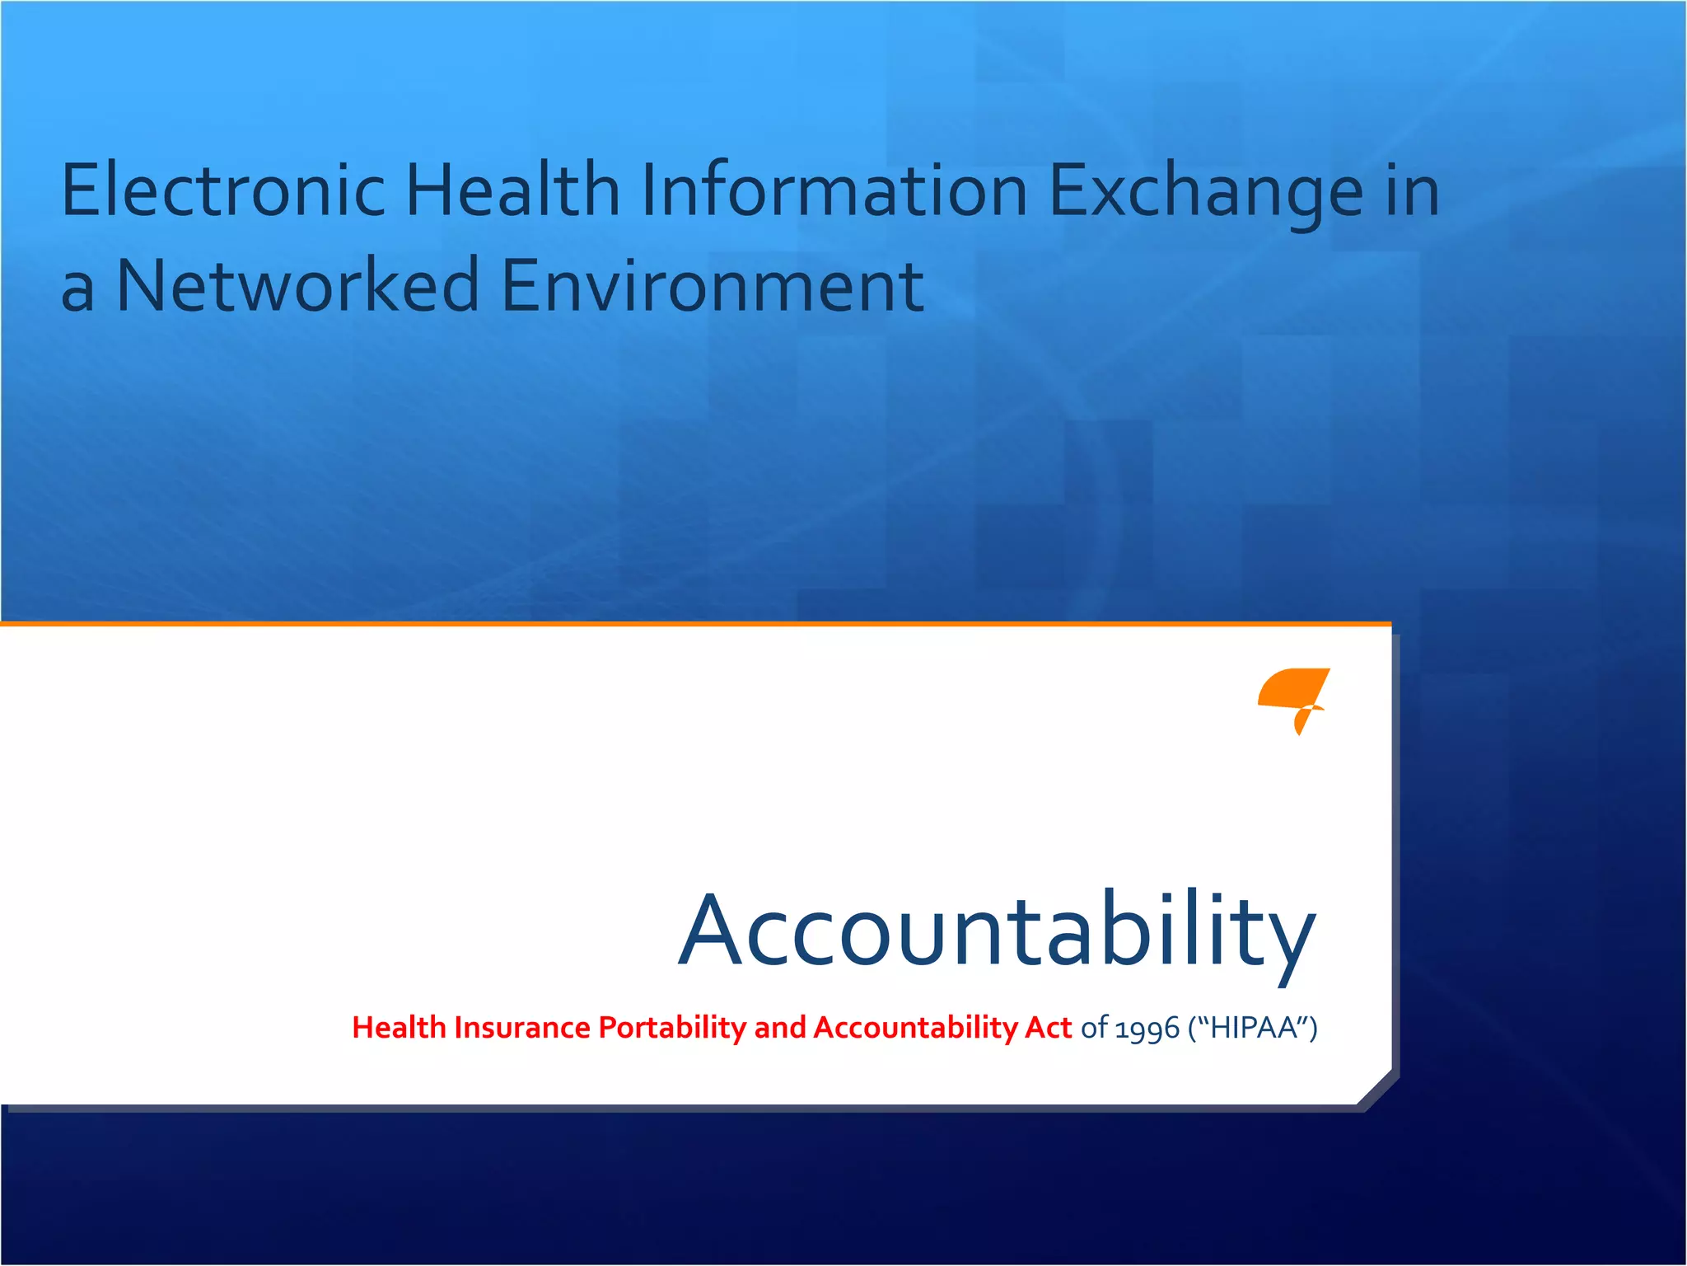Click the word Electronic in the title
tap(223, 190)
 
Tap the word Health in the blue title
tap(512, 190)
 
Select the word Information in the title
tap(834, 190)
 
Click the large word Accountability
tap(997, 931)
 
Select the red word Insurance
tap(522, 1028)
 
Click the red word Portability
tap(672, 1029)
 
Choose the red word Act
tap(1048, 1028)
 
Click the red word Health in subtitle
tap(399, 1028)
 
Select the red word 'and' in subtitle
tap(779, 1028)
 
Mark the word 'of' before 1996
tap(1094, 1028)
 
